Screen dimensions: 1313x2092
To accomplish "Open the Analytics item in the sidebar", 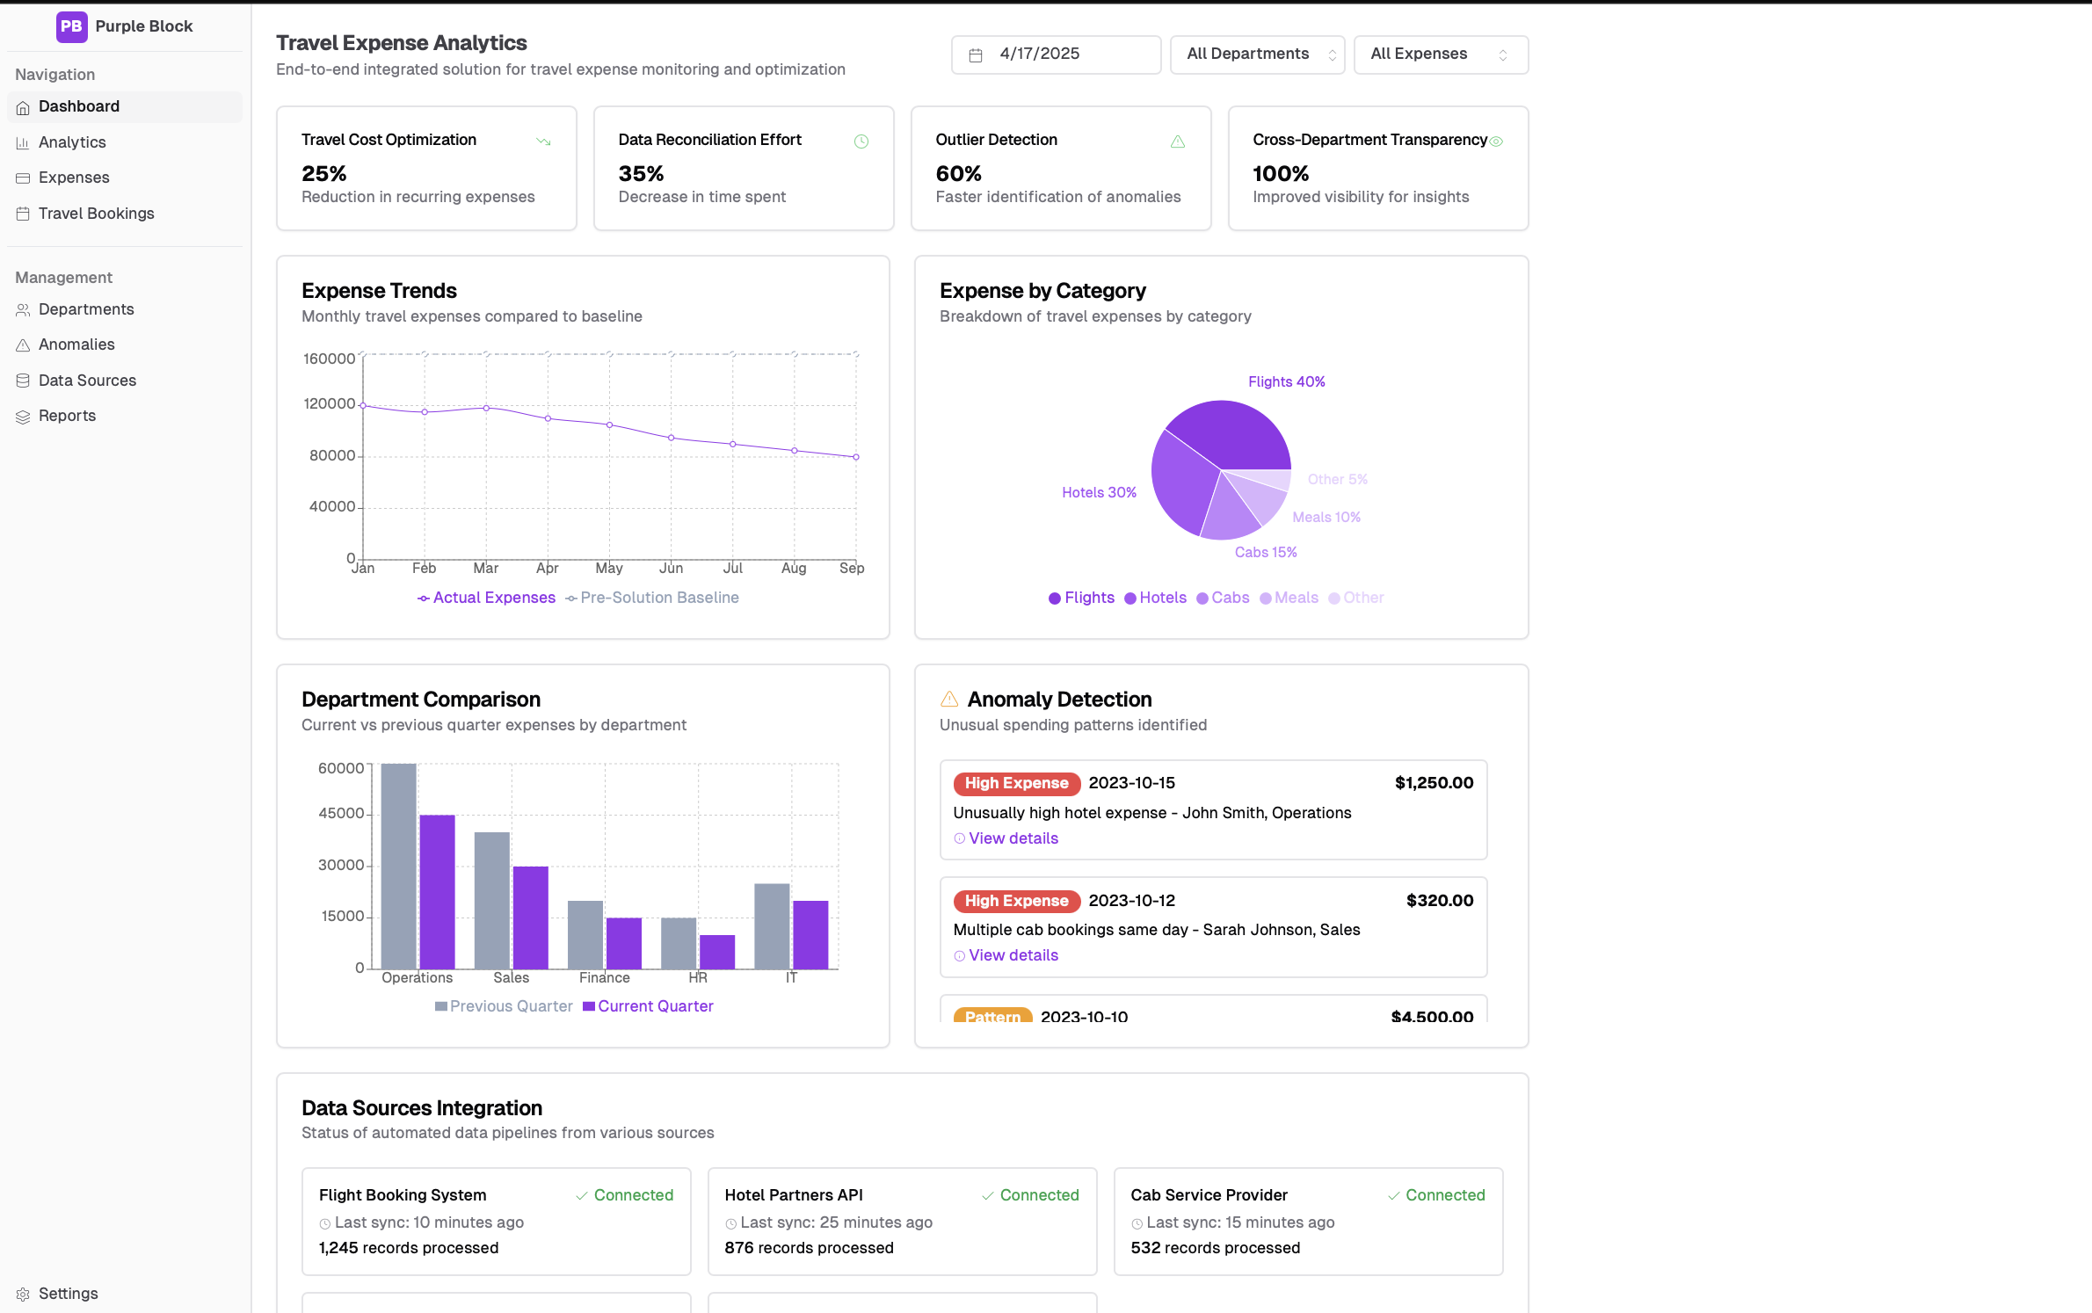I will pyautogui.click(x=72, y=142).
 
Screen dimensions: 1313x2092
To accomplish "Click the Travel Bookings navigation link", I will pyautogui.click(x=96, y=214).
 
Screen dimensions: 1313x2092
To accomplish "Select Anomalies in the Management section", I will pyautogui.click(x=76, y=345).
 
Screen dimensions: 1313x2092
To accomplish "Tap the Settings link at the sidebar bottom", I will pyautogui.click(x=68, y=1294).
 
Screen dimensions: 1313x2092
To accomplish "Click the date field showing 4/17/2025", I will pyautogui.click(x=1055, y=54).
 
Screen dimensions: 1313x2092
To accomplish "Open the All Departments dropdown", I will pyautogui.click(x=1257, y=54).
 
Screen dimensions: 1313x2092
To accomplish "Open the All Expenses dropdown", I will pyautogui.click(x=1440, y=54).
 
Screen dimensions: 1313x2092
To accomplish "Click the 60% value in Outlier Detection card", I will pyautogui.click(x=958, y=174).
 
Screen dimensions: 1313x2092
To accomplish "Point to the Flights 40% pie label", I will pyautogui.click(x=1286, y=381).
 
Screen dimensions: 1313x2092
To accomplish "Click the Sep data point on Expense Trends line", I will pyautogui.click(x=856, y=457).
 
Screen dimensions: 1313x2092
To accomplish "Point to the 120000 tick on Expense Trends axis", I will pyautogui.click(x=329, y=404).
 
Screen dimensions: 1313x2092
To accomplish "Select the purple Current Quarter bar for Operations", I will pyautogui.click(x=437, y=891).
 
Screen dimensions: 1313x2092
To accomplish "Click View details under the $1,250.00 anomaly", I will pyautogui.click(x=1013, y=838).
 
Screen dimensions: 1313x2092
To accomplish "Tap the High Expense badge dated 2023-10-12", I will pyautogui.click(x=1016, y=901).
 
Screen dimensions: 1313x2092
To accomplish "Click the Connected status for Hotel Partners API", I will pyautogui.click(x=1038, y=1195).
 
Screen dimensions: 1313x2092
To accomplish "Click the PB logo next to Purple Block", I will pyautogui.click(x=71, y=26).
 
